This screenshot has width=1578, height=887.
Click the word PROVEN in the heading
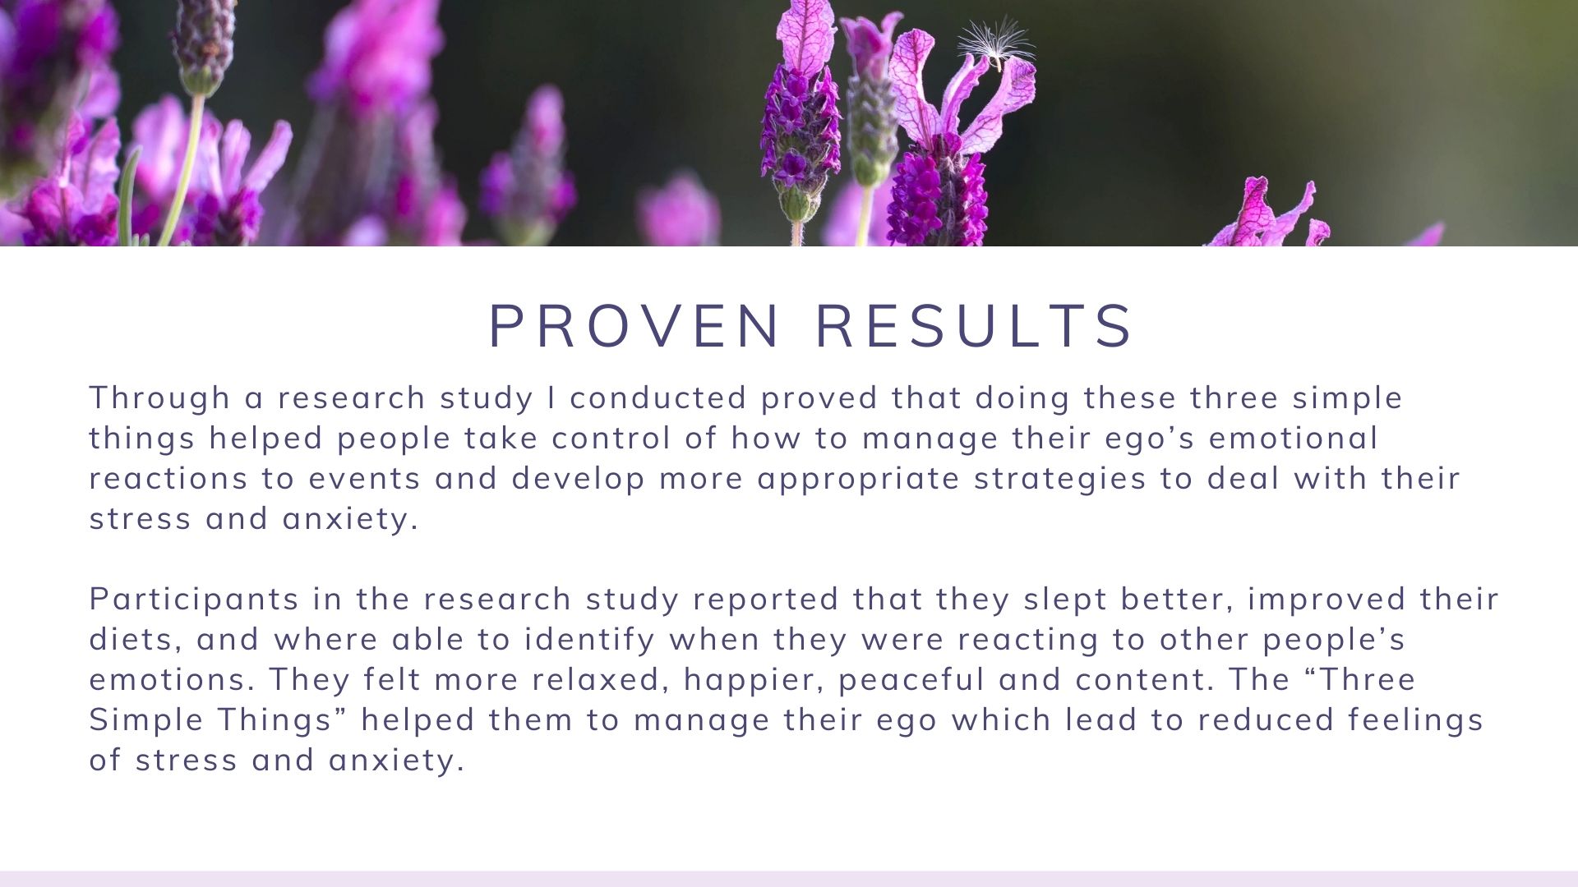(x=634, y=326)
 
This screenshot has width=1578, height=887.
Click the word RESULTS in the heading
(x=975, y=326)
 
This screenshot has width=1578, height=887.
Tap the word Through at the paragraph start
(x=159, y=398)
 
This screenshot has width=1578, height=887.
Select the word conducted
(x=658, y=398)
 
